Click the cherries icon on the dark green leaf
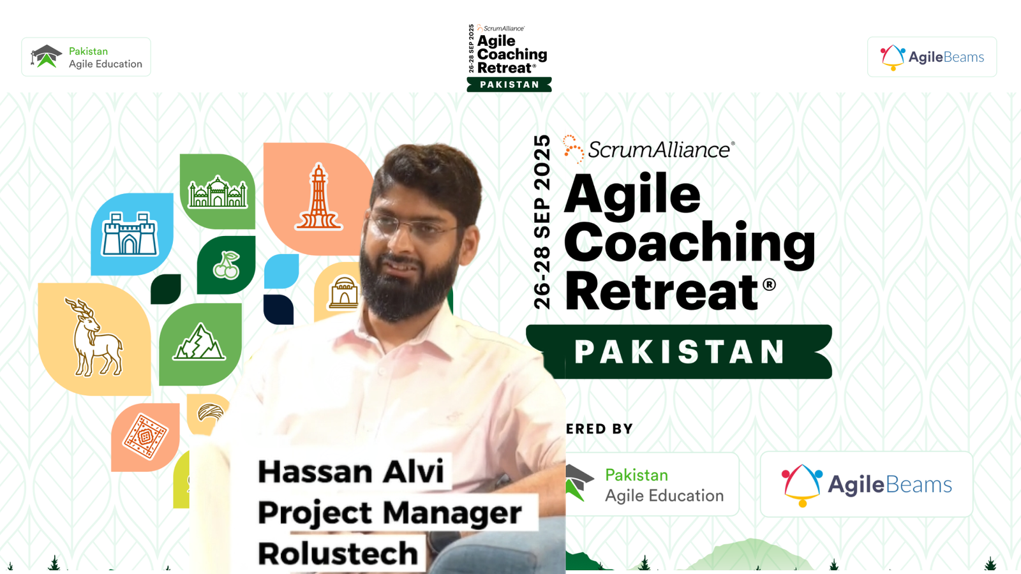click(226, 265)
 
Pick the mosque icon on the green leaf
click(218, 192)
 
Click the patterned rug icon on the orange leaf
click(145, 437)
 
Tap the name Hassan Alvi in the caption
click(350, 471)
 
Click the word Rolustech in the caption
click(338, 553)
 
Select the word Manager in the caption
click(452, 513)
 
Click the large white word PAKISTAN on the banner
click(679, 351)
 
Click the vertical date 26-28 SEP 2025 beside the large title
click(542, 223)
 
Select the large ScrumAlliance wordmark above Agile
click(649, 149)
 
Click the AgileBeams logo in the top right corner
click(932, 57)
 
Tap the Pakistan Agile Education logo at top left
click(86, 57)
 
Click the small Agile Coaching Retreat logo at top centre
click(509, 58)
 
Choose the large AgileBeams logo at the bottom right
click(867, 484)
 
